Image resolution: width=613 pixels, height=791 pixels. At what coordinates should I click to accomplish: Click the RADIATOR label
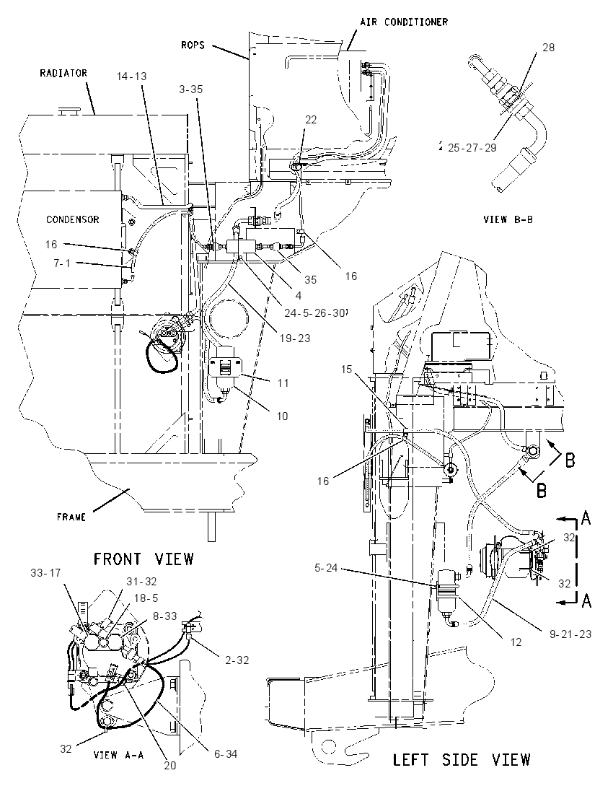point(63,73)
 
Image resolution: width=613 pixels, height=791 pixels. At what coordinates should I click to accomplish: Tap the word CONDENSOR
point(73,219)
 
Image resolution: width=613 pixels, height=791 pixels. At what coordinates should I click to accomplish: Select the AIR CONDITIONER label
point(404,22)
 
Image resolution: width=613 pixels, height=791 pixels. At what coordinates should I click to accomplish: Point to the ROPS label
point(193,45)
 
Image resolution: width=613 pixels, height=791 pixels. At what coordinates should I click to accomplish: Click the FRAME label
point(71,517)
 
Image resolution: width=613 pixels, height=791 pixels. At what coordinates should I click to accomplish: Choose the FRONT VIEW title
point(144,559)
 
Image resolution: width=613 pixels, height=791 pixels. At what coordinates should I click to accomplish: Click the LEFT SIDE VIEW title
point(462,759)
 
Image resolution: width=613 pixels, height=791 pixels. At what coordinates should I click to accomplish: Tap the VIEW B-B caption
point(508,219)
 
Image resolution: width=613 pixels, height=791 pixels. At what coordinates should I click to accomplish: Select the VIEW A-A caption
point(119,755)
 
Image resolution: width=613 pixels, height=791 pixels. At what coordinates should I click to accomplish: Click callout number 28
point(549,48)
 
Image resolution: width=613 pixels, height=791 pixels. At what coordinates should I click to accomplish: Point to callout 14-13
point(131,77)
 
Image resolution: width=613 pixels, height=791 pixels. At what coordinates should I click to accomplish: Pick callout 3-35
point(190,89)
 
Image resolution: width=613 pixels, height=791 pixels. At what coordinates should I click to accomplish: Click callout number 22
point(311,120)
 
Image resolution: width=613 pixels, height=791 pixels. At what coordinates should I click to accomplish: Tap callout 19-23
point(295,338)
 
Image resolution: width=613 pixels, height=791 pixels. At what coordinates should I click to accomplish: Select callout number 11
point(283,383)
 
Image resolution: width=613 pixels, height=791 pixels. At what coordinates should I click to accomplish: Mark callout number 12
point(516,642)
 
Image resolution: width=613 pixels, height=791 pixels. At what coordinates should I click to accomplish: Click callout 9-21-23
point(570,634)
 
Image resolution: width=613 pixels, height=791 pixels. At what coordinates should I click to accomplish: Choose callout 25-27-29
point(472,148)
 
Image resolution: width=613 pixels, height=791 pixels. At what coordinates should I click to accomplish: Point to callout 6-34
point(225,754)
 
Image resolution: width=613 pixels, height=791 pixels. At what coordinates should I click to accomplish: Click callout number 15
point(346,370)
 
